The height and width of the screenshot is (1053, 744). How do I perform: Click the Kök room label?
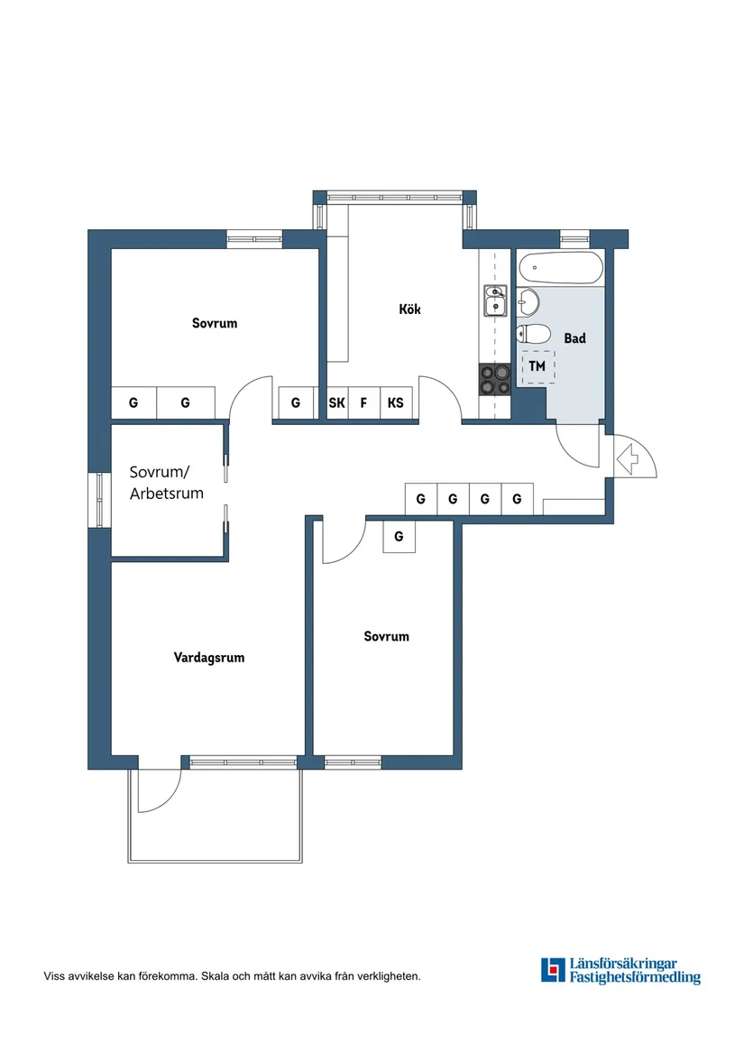[x=409, y=309]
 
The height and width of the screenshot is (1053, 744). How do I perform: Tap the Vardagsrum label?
[x=209, y=658]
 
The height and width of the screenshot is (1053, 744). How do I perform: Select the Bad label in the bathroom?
[x=574, y=338]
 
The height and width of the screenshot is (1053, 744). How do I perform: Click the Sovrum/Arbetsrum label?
[x=166, y=483]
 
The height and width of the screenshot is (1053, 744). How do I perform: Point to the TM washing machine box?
[x=538, y=367]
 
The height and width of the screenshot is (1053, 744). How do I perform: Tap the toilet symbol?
[x=532, y=334]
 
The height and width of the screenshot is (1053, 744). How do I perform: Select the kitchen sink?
[x=495, y=301]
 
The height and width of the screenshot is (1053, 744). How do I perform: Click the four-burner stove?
[x=494, y=379]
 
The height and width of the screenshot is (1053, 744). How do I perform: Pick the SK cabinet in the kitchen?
[x=336, y=403]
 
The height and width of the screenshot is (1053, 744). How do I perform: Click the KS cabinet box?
[x=395, y=403]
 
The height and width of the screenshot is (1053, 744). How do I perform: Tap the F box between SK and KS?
[x=364, y=403]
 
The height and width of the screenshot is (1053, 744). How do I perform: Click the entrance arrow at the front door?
[x=635, y=457]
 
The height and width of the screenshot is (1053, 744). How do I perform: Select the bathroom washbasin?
[x=528, y=300]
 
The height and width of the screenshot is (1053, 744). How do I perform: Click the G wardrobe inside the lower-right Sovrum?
[x=399, y=539]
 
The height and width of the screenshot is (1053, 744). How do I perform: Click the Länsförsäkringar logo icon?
[x=552, y=970]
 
